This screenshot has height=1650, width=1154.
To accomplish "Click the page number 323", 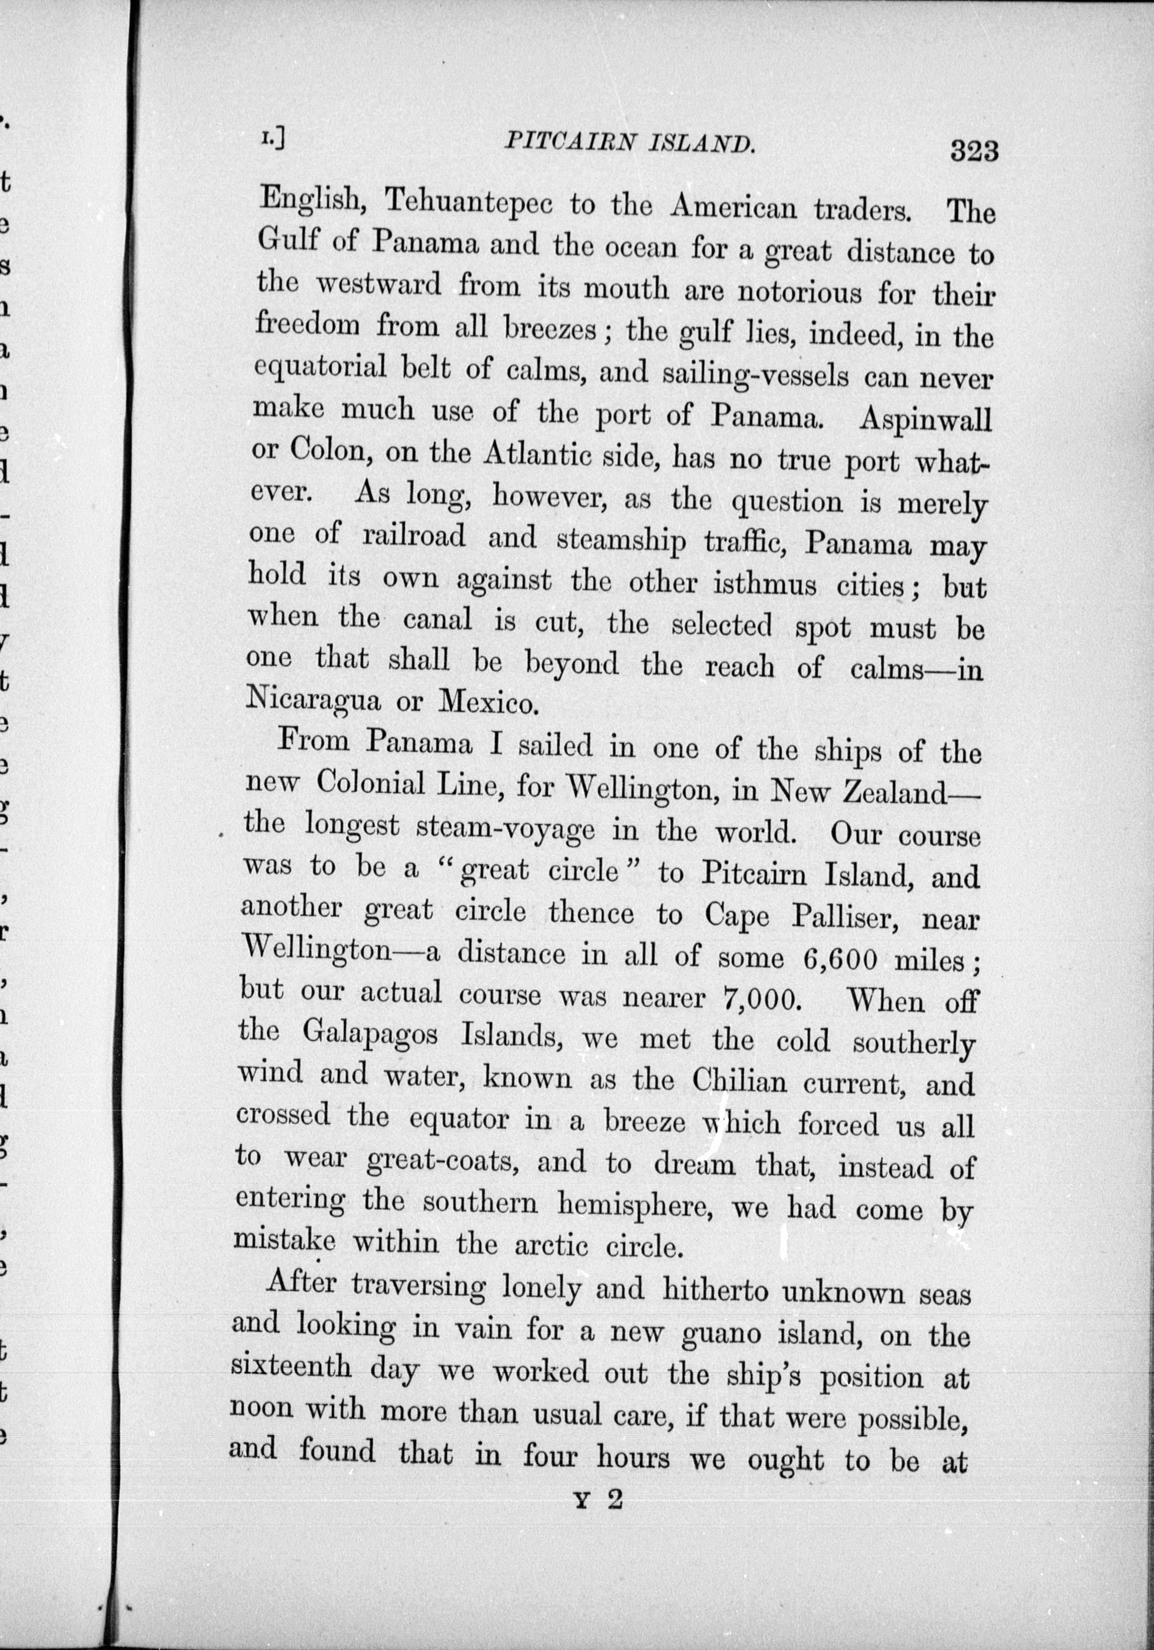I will coord(974,151).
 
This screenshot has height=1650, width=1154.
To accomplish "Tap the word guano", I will coord(722,1334).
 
